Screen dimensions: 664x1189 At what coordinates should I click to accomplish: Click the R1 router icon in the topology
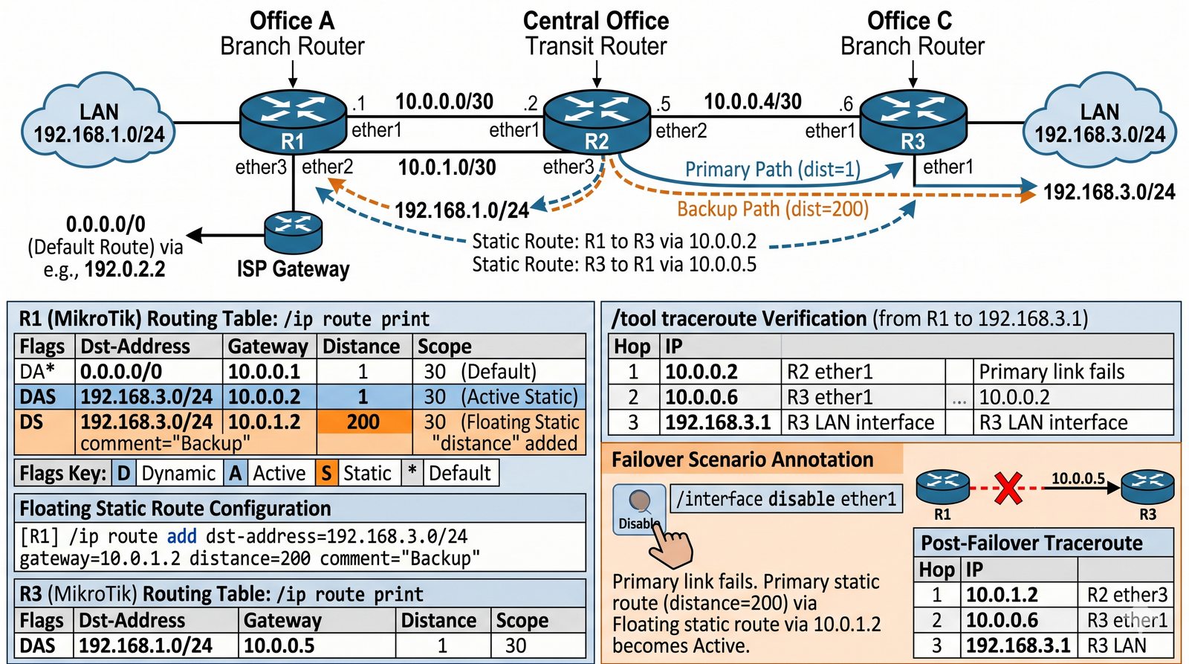click(293, 123)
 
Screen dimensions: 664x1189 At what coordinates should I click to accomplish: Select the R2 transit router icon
click(597, 123)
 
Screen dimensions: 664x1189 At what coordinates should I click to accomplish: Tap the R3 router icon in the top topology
click(913, 123)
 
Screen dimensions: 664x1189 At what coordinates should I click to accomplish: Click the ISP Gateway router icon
click(294, 232)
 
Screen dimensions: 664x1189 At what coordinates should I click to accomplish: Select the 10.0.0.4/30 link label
click(752, 102)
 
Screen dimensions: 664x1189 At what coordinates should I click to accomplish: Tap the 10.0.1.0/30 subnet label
click(447, 167)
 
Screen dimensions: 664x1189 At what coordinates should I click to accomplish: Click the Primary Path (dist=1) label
click(772, 170)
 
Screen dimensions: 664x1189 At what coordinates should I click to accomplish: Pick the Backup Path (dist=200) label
click(773, 209)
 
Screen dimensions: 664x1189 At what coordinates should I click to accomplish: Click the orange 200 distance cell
click(363, 422)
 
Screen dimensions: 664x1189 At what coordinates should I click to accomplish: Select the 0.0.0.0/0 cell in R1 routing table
click(121, 372)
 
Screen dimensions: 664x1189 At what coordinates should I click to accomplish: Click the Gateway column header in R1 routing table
click(268, 346)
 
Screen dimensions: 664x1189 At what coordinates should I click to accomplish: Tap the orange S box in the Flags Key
click(325, 474)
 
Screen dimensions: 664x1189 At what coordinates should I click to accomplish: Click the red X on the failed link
click(1008, 489)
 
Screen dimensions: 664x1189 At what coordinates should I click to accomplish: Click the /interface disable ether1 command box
click(786, 498)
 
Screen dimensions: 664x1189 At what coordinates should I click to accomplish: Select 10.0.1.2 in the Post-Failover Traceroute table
click(1001, 595)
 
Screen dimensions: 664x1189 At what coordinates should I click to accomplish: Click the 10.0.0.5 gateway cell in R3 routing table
click(279, 645)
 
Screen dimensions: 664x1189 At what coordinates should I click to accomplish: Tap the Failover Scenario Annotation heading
click(742, 460)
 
